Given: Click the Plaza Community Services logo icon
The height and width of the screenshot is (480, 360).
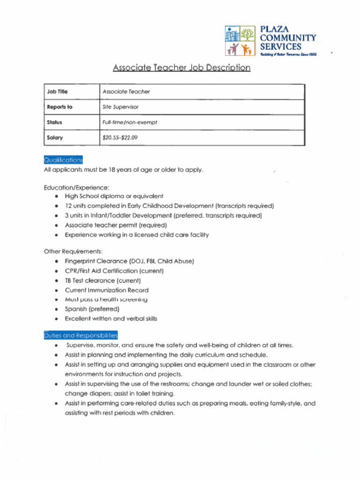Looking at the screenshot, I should (x=240, y=41).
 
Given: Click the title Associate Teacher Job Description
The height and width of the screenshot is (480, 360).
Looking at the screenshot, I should (x=181, y=68).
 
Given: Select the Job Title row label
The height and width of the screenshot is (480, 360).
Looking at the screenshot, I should (x=57, y=92).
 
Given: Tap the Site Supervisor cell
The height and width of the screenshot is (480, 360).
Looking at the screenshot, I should (x=120, y=107).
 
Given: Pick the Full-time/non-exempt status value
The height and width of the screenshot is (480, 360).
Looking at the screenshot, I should (x=130, y=122).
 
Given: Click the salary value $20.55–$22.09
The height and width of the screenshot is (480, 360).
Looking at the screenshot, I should (x=120, y=138).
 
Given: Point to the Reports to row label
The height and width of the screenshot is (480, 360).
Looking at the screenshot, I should (x=60, y=107).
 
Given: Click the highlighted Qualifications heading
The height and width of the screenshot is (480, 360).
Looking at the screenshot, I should (x=63, y=159).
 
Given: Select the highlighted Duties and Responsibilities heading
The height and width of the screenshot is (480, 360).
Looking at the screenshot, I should (x=81, y=335).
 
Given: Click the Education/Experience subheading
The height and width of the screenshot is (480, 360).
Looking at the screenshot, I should (x=76, y=187).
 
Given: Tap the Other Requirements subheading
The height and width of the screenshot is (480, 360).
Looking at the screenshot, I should (x=73, y=251).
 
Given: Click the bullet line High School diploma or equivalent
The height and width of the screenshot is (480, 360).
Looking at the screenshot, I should (x=114, y=196).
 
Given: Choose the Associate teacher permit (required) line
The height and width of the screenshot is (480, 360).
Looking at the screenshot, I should (x=116, y=225).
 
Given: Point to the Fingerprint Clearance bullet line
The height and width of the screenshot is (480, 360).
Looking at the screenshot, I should (x=129, y=261).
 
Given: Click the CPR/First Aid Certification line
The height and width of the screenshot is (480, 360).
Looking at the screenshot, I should (x=114, y=271).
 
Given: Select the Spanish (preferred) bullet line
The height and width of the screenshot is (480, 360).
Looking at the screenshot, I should (x=92, y=309).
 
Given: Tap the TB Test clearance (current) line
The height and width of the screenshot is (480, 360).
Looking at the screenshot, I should (x=103, y=280).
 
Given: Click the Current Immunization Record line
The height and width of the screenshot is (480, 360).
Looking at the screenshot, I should (x=106, y=290).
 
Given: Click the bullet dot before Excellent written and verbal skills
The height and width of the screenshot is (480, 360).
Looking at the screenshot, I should (x=56, y=319).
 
